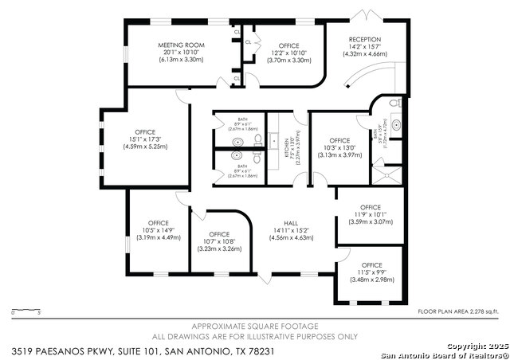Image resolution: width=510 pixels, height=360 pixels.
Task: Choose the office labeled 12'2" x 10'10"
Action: pyautogui.click(x=282, y=46)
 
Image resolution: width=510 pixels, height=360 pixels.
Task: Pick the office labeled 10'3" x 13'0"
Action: pyautogui.click(x=339, y=141)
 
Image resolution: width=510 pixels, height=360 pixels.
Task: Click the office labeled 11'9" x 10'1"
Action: pyautogui.click(x=371, y=208)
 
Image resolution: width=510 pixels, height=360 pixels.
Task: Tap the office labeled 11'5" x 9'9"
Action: pyautogui.click(x=371, y=265)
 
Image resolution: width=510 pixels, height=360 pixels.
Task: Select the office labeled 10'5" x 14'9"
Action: pyautogui.click(x=158, y=223)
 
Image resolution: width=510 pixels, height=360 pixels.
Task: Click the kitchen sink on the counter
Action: pyautogui.click(x=275, y=140)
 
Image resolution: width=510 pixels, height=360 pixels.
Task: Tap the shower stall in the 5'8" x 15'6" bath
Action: pyautogui.click(x=383, y=172)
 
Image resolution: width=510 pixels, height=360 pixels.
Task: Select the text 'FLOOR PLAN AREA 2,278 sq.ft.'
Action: pyautogui.click(x=457, y=311)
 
